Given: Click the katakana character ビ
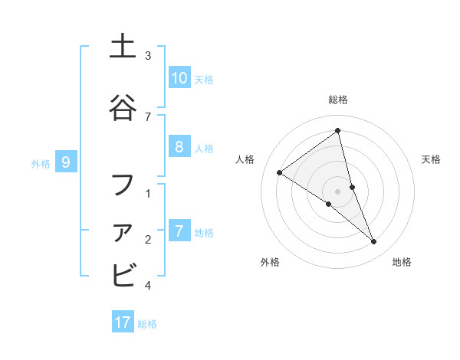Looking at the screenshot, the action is tap(123, 274).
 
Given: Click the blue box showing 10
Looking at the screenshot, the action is tap(179, 78).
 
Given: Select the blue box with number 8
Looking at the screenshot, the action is tap(179, 147).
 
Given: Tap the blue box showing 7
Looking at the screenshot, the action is tap(179, 231).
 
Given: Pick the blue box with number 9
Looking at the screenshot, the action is tap(66, 162).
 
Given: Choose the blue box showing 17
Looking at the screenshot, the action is tap(123, 322).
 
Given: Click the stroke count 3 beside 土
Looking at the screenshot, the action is tap(148, 56).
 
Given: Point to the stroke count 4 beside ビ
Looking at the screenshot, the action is tap(148, 286).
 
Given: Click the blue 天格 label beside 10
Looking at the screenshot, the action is tap(203, 79).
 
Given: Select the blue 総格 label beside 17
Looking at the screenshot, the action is tap(147, 324).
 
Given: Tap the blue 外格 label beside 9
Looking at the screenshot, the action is tap(41, 163).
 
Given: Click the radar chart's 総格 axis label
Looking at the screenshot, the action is tap(338, 100).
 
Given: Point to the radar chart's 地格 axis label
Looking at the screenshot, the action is tap(402, 263).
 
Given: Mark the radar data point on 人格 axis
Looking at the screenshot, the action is tap(280, 173).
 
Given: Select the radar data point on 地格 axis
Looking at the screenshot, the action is tap(374, 242).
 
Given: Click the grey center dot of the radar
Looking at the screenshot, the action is tap(338, 191).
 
